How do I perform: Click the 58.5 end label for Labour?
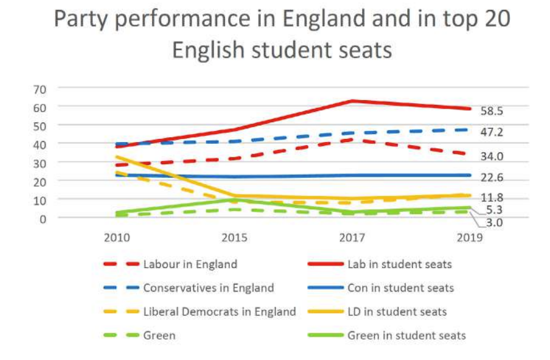click(x=492, y=111)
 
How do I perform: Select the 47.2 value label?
click(x=492, y=132)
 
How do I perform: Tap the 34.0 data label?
click(x=492, y=157)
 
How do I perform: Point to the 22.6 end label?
click(x=492, y=178)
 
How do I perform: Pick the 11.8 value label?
click(x=492, y=198)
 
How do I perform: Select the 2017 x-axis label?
click(x=352, y=238)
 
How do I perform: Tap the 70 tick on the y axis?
click(x=40, y=89)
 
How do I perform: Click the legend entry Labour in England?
click(x=190, y=264)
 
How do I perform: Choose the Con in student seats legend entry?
click(x=400, y=288)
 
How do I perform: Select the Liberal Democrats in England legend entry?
click(x=219, y=312)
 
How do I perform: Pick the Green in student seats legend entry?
click(x=407, y=336)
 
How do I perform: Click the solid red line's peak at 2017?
click(x=352, y=101)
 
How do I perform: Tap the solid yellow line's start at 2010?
click(x=117, y=157)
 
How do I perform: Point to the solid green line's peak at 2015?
click(x=234, y=199)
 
